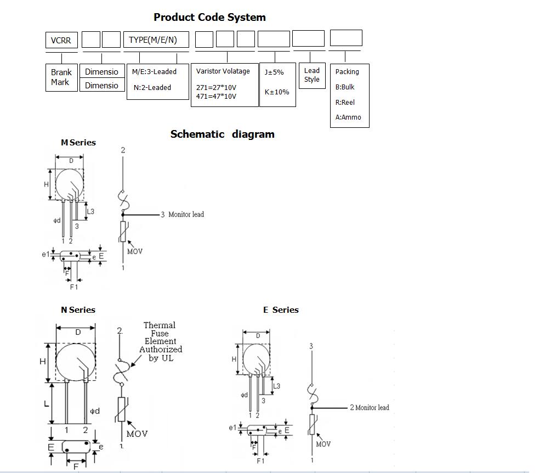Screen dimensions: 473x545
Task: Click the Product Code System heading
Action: [209, 17]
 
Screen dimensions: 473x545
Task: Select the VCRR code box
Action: [61, 40]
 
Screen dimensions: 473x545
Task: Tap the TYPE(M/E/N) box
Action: [156, 40]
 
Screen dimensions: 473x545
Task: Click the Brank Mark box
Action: [61, 77]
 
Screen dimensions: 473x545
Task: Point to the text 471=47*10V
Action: [216, 97]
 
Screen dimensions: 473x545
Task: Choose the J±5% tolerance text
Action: [274, 72]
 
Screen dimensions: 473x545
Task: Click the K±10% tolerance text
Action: [277, 92]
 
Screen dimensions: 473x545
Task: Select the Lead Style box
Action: [311, 75]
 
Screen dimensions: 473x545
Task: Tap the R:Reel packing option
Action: [345, 102]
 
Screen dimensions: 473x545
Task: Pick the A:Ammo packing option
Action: [348, 117]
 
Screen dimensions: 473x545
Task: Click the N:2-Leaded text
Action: [152, 87]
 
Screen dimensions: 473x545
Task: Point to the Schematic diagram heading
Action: [222, 134]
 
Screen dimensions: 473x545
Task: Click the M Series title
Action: [78, 143]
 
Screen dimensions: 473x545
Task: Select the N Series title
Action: [78, 310]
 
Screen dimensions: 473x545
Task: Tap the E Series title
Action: [281, 310]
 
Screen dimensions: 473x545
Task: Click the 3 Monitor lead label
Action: [182, 215]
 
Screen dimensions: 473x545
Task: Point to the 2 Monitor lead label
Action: [369, 408]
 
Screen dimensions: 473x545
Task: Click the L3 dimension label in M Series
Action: [91, 211]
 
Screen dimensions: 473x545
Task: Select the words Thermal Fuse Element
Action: [160, 333]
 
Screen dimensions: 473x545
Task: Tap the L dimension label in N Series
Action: [46, 404]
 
